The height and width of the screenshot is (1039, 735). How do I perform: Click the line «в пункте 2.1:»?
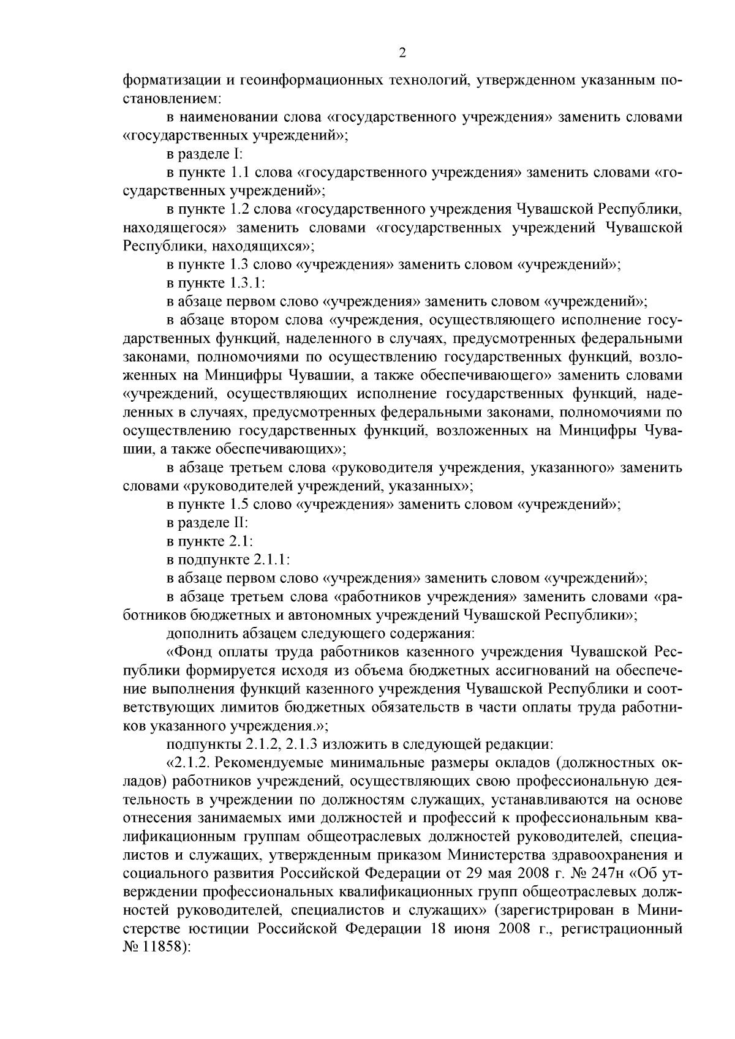[209, 541]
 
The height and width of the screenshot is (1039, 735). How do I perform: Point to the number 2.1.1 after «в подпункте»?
[270, 560]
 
